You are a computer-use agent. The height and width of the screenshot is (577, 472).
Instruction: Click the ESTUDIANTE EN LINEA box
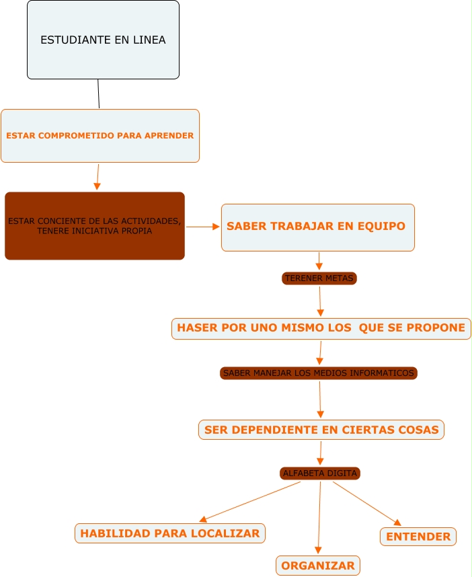coord(103,40)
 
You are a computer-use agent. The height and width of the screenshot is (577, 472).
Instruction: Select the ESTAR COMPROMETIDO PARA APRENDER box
coord(100,136)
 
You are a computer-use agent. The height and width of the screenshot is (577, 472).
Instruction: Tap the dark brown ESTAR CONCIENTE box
coord(95,226)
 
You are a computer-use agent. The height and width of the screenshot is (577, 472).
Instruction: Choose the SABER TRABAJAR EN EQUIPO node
coord(317,227)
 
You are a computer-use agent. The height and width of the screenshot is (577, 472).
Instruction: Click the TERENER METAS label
coord(319,278)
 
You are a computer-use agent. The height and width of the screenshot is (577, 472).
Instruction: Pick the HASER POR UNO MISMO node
coord(321,328)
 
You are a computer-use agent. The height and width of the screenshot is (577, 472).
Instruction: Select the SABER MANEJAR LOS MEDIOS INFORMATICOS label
coord(319,373)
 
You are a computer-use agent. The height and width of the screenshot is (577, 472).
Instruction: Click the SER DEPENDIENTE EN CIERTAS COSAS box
coord(321,430)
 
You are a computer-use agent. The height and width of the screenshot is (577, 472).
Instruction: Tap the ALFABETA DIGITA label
coord(320,473)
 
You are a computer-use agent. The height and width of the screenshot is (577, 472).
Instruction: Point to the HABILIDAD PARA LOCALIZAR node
coord(169,533)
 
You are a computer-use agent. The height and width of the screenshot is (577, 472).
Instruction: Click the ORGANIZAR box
coord(318,566)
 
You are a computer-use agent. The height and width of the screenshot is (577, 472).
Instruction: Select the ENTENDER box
coord(418,537)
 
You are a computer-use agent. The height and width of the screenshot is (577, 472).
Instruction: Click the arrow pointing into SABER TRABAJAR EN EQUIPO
coord(202,227)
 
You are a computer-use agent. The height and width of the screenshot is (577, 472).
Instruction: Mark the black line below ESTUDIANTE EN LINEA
coord(99,94)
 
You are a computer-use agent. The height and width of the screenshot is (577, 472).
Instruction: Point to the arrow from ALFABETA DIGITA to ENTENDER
coord(366,503)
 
